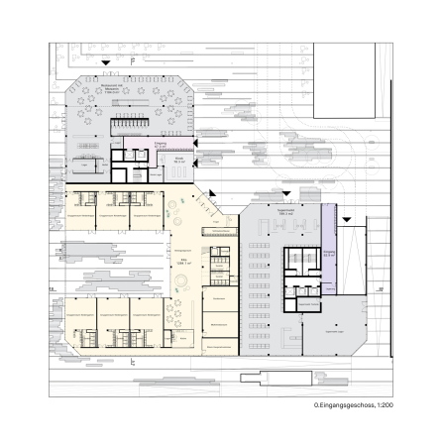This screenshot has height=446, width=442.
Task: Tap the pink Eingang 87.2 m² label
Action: (x=133, y=145)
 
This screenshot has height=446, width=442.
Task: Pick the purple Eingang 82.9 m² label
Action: (x=328, y=253)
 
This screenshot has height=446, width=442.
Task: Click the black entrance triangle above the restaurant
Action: (x=106, y=64)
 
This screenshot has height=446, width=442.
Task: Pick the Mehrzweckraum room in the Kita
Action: (x=218, y=323)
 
